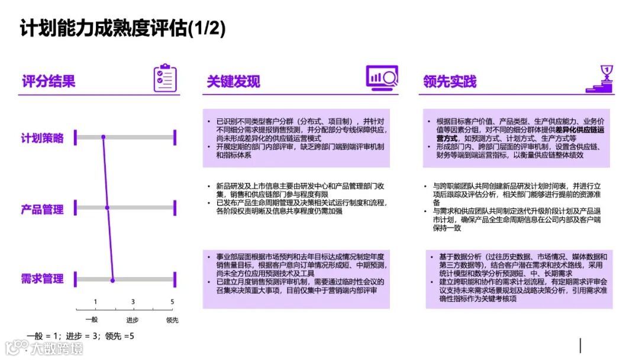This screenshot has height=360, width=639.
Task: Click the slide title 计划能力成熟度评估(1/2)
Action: (x=123, y=28)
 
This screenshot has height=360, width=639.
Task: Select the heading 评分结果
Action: (x=49, y=81)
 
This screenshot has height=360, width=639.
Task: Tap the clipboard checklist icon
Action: (x=165, y=78)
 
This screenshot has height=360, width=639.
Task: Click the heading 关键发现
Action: (x=233, y=81)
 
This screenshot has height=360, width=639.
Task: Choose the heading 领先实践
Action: (x=450, y=81)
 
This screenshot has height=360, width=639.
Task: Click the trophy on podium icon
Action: (x=599, y=79)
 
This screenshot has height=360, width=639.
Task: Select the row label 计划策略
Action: (x=42, y=138)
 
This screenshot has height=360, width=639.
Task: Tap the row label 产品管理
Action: (x=42, y=209)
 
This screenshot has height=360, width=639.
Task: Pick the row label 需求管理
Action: (x=42, y=279)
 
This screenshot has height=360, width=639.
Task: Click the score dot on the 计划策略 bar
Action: (x=103, y=138)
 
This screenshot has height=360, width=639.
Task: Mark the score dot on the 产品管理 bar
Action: (x=107, y=208)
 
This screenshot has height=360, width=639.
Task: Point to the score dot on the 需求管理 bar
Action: (x=112, y=279)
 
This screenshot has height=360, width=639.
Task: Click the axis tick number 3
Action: (x=133, y=302)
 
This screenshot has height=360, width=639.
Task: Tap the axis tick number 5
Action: (x=172, y=302)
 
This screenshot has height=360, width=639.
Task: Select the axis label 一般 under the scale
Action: (x=92, y=320)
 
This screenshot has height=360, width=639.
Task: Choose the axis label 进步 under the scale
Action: (x=132, y=320)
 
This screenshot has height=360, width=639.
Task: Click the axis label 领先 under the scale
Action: (x=172, y=320)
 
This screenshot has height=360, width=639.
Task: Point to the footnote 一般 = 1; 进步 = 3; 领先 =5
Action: (x=80, y=336)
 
